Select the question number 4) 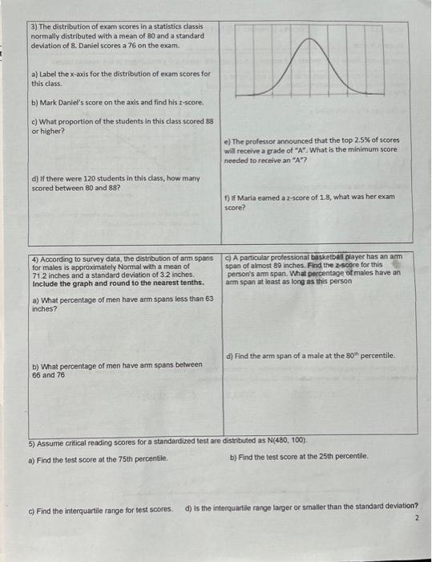tap(34, 259)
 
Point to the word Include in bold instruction tap(44, 283)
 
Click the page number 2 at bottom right tap(417, 518)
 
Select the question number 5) tap(32, 441)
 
